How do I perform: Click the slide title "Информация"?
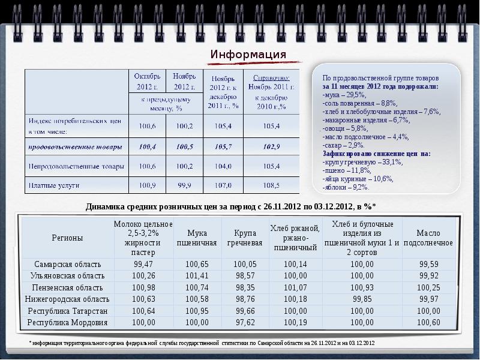[x=248, y=55]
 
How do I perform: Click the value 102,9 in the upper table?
[x=272, y=146]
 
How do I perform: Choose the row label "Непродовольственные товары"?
[x=77, y=166]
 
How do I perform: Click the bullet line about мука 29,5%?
[x=344, y=95]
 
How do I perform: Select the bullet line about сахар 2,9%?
[x=343, y=146]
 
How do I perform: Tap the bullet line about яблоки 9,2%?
[x=345, y=187]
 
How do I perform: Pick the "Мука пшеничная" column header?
[x=197, y=238]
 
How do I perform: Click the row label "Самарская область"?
[x=67, y=264]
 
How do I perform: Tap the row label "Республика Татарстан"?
[x=67, y=311]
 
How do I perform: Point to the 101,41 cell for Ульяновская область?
[x=197, y=276]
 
